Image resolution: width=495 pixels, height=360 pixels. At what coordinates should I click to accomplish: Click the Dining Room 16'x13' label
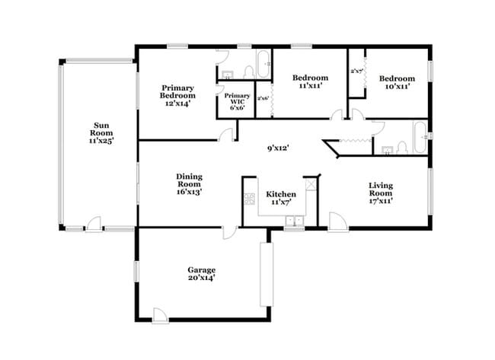point(189,183)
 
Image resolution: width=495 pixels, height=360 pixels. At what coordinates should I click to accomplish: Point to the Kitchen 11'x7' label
point(280,199)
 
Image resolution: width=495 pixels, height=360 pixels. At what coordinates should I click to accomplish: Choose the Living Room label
point(380,193)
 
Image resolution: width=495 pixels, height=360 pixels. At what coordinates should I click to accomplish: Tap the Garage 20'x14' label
point(202,274)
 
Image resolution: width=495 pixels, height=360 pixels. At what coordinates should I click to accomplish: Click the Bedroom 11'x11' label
point(310,82)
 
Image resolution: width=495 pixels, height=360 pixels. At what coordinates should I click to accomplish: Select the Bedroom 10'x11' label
point(397,82)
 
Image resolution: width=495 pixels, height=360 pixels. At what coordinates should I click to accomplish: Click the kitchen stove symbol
point(249,200)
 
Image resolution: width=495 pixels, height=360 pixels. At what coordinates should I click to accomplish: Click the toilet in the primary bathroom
point(248,72)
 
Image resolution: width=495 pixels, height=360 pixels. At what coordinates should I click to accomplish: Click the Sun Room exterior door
point(93,224)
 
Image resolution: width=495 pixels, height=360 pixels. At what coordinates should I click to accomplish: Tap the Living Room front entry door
point(338,221)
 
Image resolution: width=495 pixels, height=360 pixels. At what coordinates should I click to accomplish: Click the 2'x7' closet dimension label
point(356,71)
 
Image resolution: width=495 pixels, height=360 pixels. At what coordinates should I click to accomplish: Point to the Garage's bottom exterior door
point(160,315)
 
